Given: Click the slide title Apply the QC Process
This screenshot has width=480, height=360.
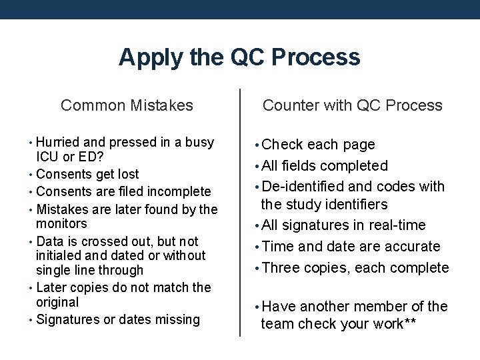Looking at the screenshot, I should [x=239, y=57].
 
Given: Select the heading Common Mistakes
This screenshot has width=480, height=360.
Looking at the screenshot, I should [x=127, y=105].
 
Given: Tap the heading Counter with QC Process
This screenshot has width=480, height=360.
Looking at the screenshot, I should [x=352, y=105].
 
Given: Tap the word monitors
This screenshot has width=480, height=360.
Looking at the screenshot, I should [x=61, y=224].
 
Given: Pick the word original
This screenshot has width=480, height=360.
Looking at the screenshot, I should [x=57, y=303].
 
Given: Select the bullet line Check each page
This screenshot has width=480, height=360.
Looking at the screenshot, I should [x=318, y=145].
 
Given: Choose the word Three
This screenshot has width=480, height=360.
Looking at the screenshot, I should [x=279, y=268].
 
